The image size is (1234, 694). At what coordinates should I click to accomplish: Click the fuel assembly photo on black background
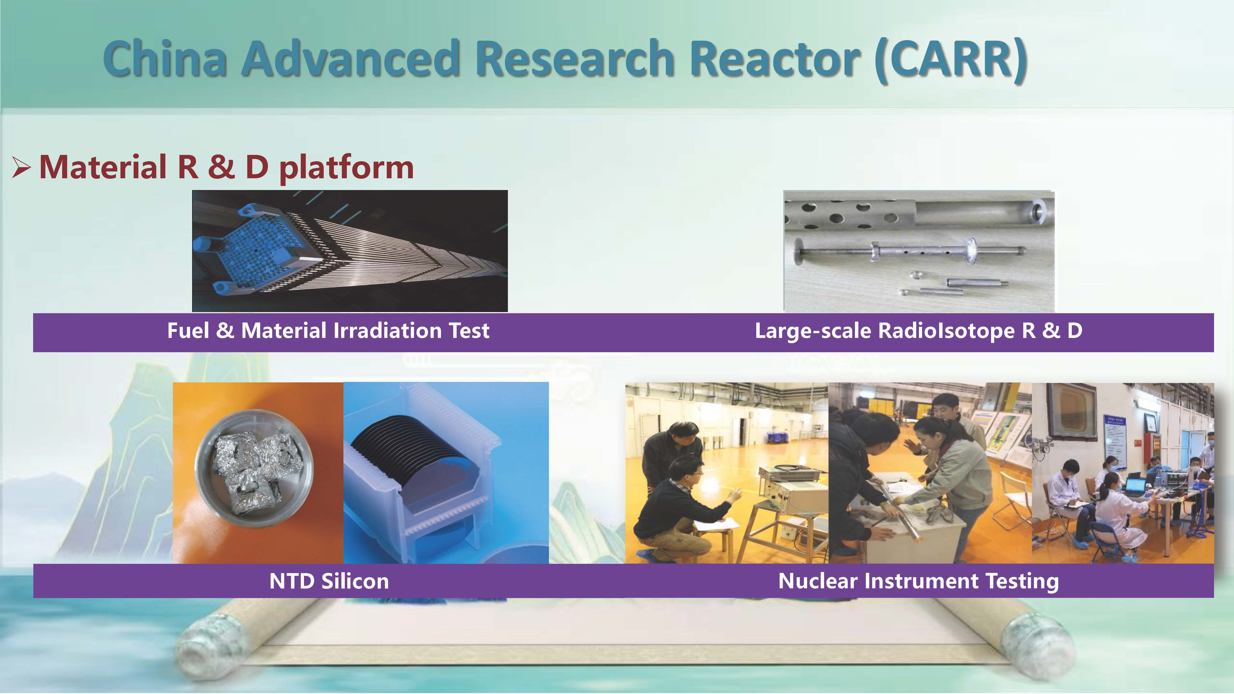tap(350, 251)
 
